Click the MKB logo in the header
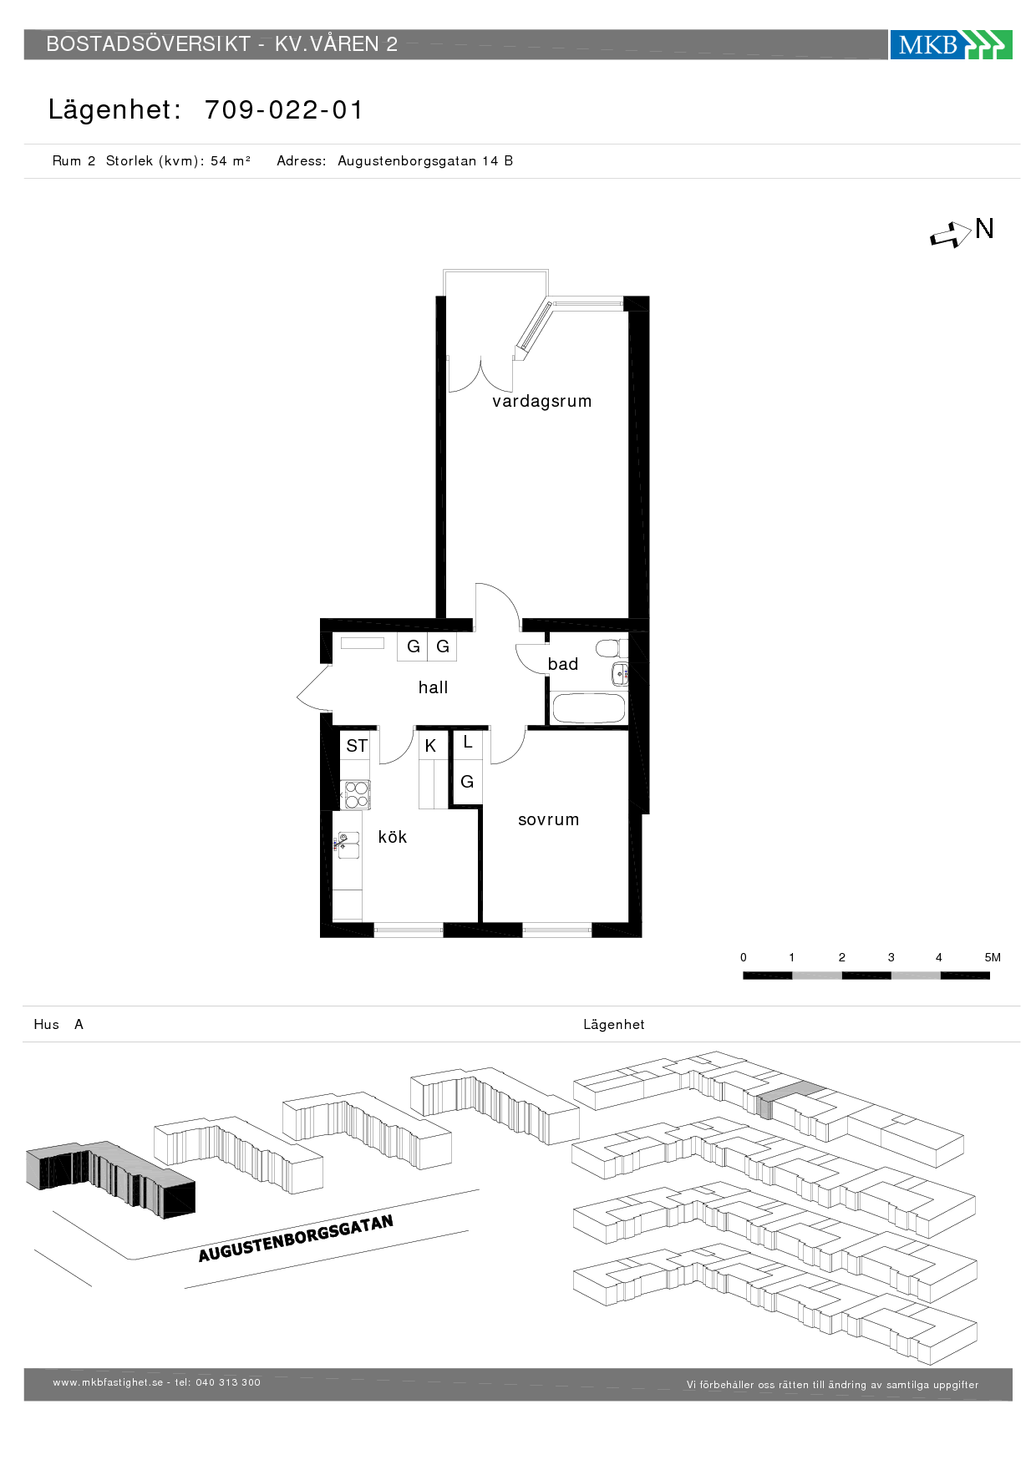tap(951, 44)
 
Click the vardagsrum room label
tap(541, 402)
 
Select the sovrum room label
tap(548, 819)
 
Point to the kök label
tap(392, 837)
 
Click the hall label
tap(433, 687)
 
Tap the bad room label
tap(562, 664)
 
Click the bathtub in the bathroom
tap(588, 708)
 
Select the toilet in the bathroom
tap(611, 648)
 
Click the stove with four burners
tap(356, 794)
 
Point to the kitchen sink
tap(348, 845)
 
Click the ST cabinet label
tap(357, 746)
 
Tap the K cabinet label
tap(430, 746)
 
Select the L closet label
tap(467, 742)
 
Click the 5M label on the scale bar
tap(993, 957)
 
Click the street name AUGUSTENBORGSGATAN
tap(296, 1239)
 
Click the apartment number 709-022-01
tap(284, 109)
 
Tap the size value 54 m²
tap(231, 160)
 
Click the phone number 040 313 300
tap(228, 1382)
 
